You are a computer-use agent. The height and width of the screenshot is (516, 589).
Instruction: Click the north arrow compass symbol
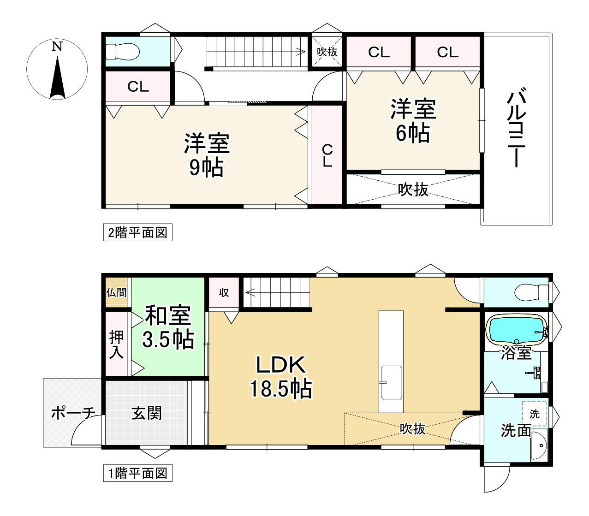57,70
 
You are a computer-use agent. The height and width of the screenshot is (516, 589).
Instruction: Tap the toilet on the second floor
122,52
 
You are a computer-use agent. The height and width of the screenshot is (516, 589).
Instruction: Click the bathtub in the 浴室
516,330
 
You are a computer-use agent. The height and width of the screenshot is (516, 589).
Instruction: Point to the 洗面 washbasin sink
538,445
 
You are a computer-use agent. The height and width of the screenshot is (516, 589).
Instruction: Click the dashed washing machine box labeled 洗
534,414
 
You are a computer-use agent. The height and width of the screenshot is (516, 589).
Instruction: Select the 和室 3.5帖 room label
167,327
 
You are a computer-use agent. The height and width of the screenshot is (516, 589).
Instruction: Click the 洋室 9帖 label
206,155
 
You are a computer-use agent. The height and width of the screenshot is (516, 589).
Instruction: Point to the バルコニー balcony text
516,129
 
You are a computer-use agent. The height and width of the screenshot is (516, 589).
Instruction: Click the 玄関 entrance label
147,413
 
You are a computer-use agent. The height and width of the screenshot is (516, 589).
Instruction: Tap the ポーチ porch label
72,413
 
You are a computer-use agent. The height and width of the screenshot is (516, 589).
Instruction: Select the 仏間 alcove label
116,292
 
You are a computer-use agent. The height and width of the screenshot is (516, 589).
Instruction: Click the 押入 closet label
116,344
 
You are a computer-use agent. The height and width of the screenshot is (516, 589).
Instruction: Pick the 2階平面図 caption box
137,232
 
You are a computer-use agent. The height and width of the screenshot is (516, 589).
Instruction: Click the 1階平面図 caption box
137,473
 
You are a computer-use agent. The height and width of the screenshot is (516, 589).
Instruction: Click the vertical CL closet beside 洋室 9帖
327,155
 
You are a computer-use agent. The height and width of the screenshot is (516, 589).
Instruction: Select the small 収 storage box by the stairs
224,292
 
